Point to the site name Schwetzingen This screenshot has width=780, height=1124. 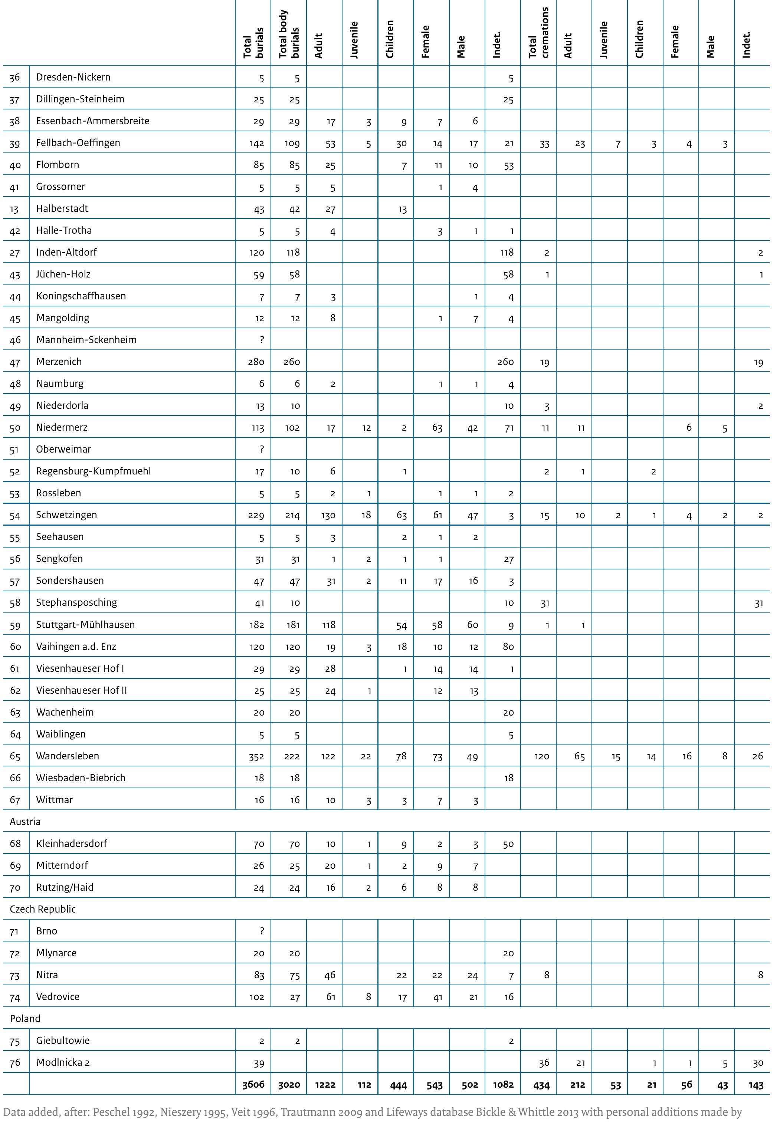point(66,515)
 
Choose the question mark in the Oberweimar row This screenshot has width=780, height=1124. point(262,449)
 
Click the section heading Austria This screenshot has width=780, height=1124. point(25,822)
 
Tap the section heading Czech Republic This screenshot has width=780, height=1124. point(43,909)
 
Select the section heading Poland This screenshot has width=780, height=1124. point(25,1019)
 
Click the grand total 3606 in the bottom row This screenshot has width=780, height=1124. point(253,1084)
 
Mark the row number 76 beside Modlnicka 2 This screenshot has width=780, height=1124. point(15,1063)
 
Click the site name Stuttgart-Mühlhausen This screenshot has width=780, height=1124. point(85,624)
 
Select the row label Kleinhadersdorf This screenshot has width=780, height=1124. point(71,844)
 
